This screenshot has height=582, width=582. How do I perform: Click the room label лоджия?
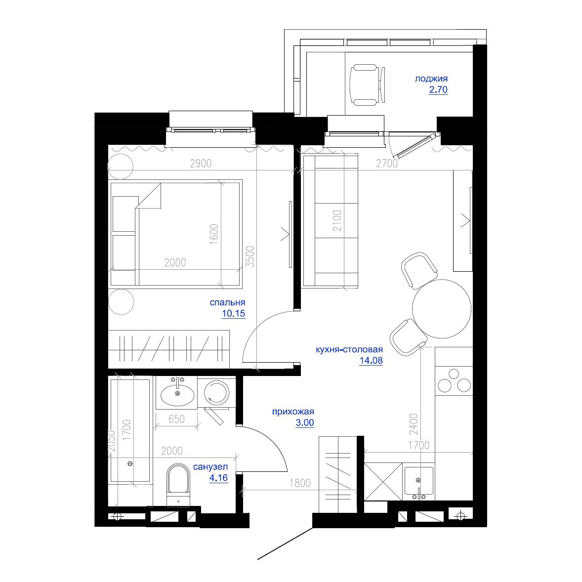(431, 79)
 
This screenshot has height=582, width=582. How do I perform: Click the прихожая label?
(293, 412)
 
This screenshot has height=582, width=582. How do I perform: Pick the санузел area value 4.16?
(218, 478)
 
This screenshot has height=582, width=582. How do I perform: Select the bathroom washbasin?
(177, 394)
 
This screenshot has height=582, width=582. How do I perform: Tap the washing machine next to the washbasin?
(216, 393)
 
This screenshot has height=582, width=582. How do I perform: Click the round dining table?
(441, 309)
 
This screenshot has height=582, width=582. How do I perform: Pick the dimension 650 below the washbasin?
(176, 419)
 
